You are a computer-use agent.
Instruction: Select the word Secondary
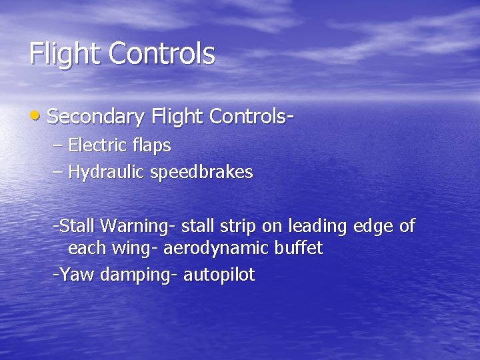[96, 117]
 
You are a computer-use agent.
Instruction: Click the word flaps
[151, 145]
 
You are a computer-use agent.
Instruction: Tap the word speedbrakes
[202, 172]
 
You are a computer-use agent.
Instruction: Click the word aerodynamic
[214, 249]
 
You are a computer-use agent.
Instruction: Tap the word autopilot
[219, 275]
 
